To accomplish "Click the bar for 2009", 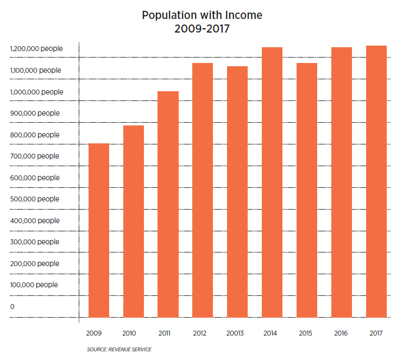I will tap(99, 230).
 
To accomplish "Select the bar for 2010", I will tap(134, 222).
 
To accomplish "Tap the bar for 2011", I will tap(168, 204).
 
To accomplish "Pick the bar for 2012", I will tap(203, 190).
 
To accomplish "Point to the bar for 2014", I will tap(272, 182).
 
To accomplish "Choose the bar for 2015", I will tap(307, 190).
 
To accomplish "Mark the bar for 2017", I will tap(376, 181).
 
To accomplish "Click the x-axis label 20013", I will tap(237, 332).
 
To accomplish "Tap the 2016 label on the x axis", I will tap(342, 332).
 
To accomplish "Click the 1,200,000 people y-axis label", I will tap(36, 49).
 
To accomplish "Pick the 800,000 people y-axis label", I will tap(35, 135).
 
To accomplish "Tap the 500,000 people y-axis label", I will tap(35, 199).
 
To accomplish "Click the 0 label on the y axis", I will tap(12, 307).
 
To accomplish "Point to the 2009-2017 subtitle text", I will tap(202, 29).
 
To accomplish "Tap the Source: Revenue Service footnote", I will tap(119, 349).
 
